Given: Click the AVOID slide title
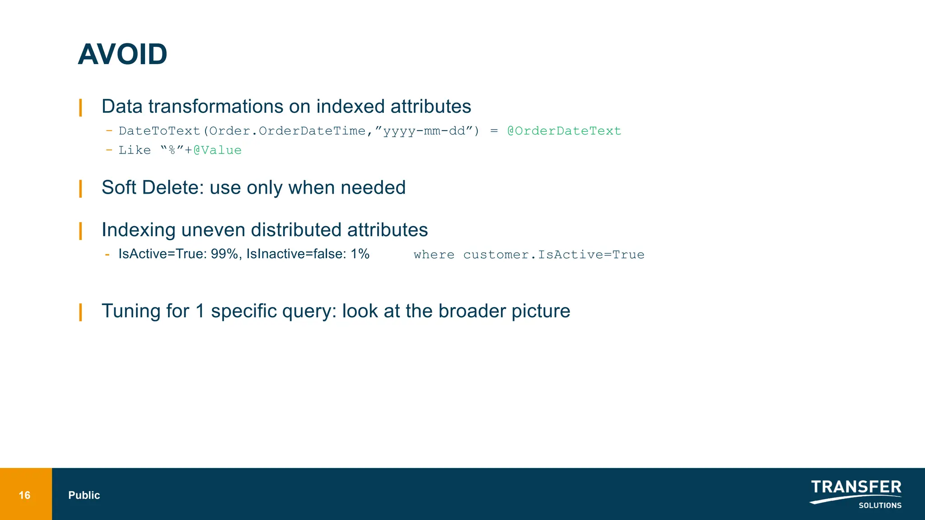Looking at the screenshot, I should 122,55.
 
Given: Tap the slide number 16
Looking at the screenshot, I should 24,495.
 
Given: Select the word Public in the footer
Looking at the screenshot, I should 84,495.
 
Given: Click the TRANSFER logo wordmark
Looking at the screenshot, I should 856,487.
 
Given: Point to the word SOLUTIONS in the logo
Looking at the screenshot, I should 880,506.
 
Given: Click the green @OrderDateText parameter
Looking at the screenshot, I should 564,131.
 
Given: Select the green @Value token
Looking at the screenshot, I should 217,150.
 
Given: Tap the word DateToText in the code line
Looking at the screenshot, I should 159,131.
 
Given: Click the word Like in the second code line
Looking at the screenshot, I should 135,150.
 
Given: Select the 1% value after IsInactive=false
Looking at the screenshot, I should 360,254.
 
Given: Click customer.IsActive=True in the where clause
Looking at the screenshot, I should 554,255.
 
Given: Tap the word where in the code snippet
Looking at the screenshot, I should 434,255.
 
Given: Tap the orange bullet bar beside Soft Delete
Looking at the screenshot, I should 80,189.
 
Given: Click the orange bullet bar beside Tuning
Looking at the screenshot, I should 80,312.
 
